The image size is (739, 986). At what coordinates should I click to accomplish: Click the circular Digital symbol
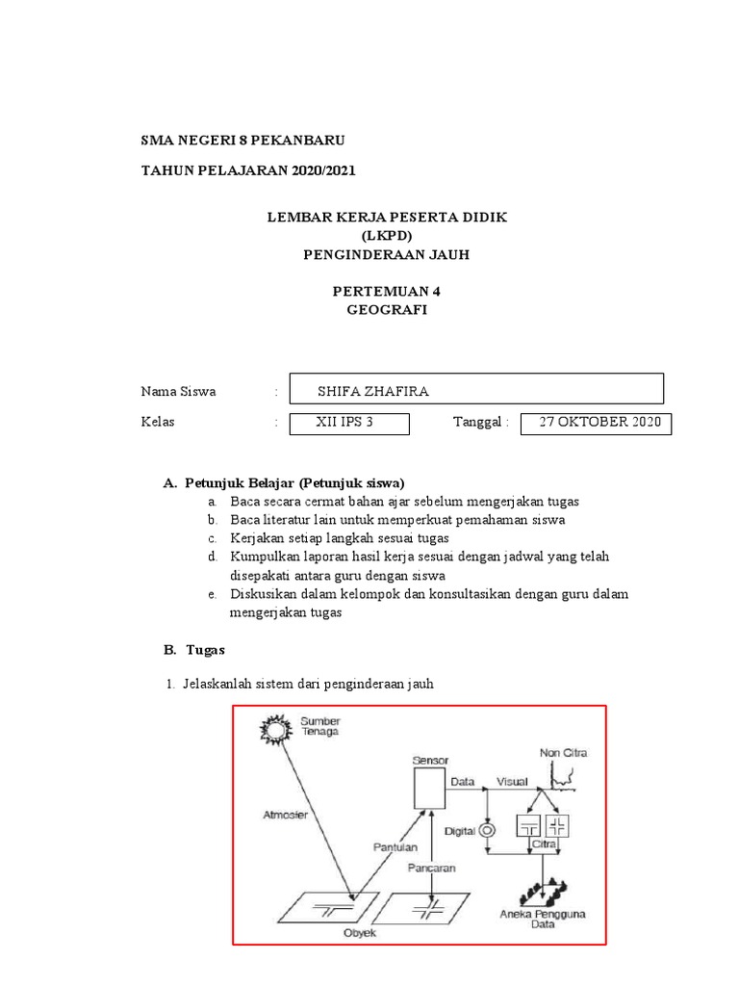pyautogui.click(x=487, y=830)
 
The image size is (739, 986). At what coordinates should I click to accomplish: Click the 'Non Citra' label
pyautogui.click(x=563, y=752)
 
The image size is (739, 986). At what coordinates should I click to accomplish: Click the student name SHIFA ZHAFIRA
pyautogui.click(x=372, y=391)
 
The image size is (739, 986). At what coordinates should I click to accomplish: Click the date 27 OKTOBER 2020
pyautogui.click(x=599, y=422)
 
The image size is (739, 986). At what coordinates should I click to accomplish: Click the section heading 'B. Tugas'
pyautogui.click(x=193, y=650)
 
